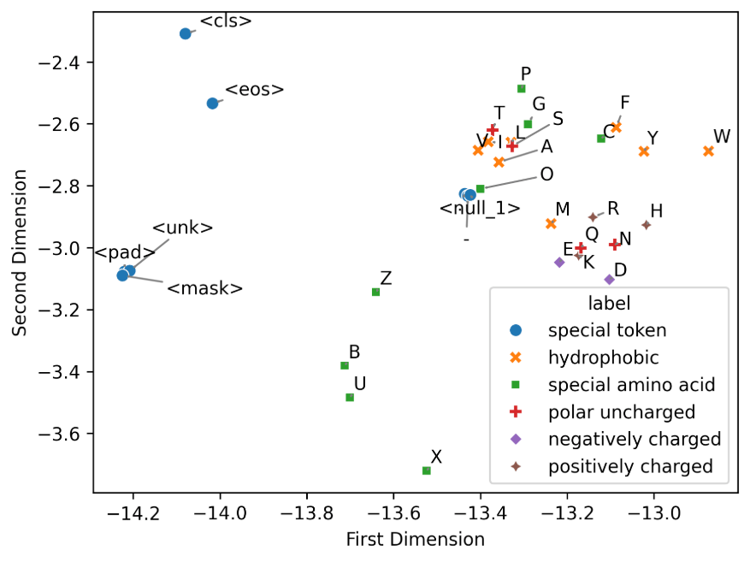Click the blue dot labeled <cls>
click(x=186, y=33)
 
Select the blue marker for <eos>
click(x=212, y=104)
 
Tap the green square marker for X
click(x=427, y=470)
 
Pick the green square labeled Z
click(x=375, y=292)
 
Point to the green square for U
click(x=350, y=397)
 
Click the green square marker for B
click(x=345, y=365)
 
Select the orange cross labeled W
click(x=709, y=151)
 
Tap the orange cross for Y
click(x=644, y=151)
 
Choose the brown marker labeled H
click(x=647, y=225)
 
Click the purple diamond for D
click(x=610, y=280)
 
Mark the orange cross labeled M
click(x=552, y=223)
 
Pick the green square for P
click(x=522, y=89)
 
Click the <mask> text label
click(x=205, y=288)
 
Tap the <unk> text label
click(x=182, y=228)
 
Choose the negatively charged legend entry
click(x=634, y=439)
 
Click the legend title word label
click(x=609, y=303)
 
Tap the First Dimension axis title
click(x=415, y=540)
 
